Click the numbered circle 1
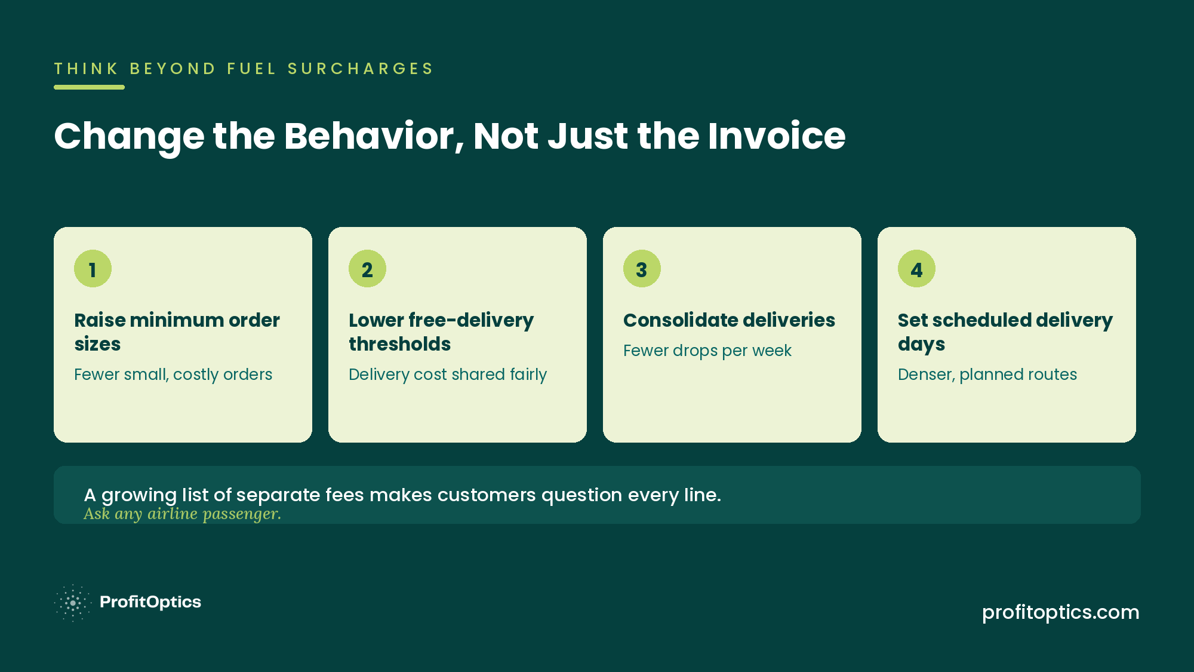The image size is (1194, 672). tap(93, 269)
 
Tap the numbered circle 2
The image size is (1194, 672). tap(367, 269)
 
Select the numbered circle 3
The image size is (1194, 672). tap(642, 269)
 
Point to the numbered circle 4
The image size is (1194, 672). tap(916, 269)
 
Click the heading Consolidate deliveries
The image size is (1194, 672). tap(729, 320)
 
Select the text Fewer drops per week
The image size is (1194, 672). tap(707, 351)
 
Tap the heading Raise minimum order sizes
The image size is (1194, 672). tap(177, 332)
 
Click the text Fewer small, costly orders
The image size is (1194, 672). tap(173, 375)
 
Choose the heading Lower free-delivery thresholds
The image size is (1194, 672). tap(441, 332)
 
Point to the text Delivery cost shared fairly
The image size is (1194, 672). tap(448, 375)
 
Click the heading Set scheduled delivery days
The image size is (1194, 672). tap(1005, 332)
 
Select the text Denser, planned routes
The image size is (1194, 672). tap(987, 375)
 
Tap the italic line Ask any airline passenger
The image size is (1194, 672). tap(182, 514)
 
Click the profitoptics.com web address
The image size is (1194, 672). tap(1061, 612)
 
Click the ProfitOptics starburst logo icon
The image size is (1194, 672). tap(72, 603)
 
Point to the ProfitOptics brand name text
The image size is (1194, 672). tap(150, 602)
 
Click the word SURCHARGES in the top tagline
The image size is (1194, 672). tap(361, 69)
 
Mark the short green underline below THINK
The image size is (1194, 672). tap(89, 87)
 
